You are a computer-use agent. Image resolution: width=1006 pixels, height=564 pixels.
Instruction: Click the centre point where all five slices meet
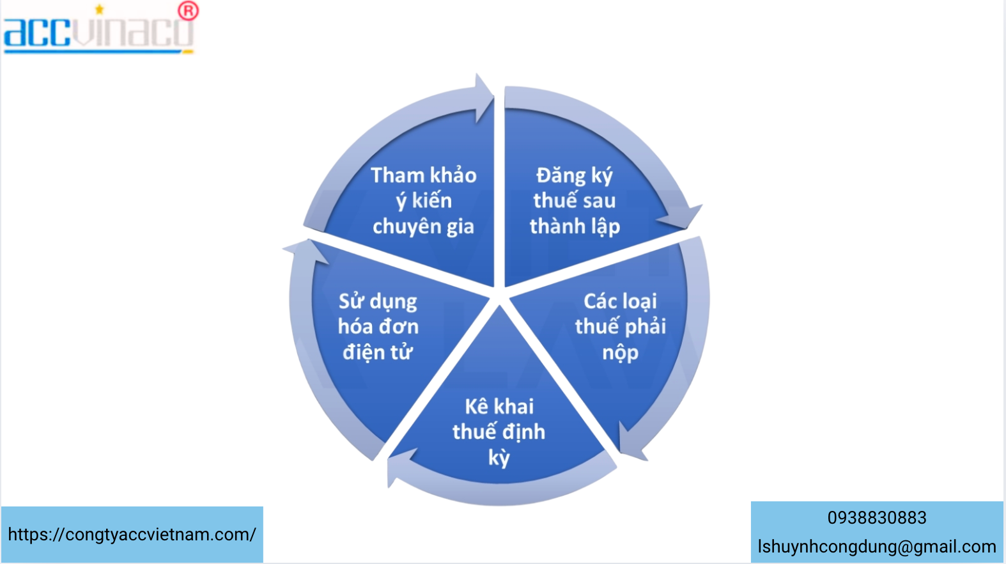coord(499,296)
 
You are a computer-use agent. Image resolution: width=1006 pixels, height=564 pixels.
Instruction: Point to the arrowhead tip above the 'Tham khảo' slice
coord(493,95)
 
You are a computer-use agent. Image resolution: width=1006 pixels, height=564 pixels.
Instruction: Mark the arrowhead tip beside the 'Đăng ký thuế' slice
coord(687,228)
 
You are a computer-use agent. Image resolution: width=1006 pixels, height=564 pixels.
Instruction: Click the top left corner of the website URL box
coord(1,507)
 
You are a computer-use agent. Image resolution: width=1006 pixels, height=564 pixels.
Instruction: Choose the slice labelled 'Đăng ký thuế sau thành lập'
coord(579,198)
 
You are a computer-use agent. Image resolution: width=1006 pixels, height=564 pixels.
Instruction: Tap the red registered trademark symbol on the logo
coord(188,11)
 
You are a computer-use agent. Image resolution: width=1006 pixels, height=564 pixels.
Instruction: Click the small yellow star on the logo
coord(100,9)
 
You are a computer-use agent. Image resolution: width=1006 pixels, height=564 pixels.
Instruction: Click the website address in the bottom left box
coord(132,535)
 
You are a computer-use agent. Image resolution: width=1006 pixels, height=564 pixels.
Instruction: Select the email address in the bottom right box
coord(877,547)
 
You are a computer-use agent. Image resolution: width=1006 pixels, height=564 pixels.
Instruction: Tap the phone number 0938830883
coord(877,518)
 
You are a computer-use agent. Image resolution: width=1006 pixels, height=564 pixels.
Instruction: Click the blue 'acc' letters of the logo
coord(37,33)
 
